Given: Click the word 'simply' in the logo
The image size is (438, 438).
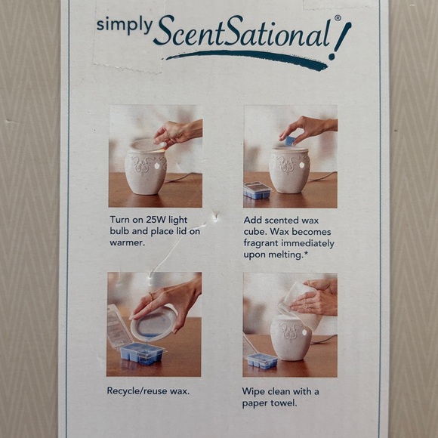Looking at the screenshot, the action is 125,26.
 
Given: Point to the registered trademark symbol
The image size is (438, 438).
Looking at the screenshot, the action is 338,18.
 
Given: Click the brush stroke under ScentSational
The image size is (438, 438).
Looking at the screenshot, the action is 246,59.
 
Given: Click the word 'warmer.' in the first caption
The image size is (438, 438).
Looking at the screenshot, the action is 128,242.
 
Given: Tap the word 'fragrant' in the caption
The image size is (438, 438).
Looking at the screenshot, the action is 261,244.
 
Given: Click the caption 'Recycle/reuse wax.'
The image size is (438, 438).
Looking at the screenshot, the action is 148,390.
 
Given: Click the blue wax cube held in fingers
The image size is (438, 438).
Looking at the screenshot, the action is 291,140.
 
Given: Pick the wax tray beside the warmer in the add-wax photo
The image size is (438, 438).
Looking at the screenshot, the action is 257,190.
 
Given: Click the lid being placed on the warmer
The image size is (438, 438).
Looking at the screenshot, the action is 147,145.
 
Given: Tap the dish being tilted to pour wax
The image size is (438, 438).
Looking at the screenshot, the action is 153,324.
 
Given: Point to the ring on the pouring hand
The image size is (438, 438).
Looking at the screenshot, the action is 152,296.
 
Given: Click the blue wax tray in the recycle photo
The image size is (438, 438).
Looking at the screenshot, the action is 142,353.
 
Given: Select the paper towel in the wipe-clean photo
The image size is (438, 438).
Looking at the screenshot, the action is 301,304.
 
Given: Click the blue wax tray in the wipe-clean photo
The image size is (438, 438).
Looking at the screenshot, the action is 262,361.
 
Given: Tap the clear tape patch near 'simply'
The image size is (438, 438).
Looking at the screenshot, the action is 128,36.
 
